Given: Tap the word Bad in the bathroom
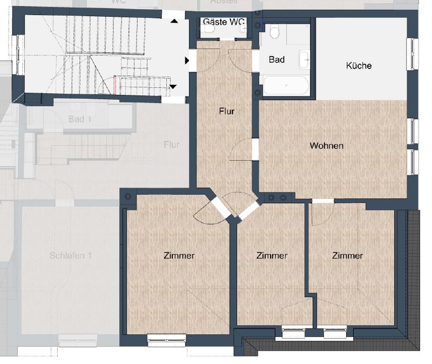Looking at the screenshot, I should pyautogui.click(x=276, y=59).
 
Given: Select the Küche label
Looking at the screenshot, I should pyautogui.click(x=359, y=66).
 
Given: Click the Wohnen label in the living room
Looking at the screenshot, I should pyautogui.click(x=326, y=146).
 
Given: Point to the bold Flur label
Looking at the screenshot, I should pyautogui.click(x=226, y=112).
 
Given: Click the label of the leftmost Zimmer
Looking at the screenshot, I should pyautogui.click(x=179, y=256).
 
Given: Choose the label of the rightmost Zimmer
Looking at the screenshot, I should pyautogui.click(x=347, y=256).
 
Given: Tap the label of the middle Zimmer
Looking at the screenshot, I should pyautogui.click(x=272, y=256).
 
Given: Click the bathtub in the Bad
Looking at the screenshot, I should pyautogui.click(x=286, y=85).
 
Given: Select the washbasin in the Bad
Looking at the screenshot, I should pyautogui.click(x=304, y=57).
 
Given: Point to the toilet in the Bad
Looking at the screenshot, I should pyautogui.click(x=275, y=32).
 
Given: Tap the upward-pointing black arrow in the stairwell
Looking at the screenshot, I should pyautogui.click(x=174, y=21).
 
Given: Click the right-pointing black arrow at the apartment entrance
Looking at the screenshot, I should pyautogui.click(x=187, y=61).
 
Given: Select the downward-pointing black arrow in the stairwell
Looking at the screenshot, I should pyautogui.click(x=173, y=86).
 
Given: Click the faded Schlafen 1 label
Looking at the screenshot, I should pyautogui.click(x=70, y=256).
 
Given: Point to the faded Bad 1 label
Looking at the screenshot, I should pyautogui.click(x=79, y=119).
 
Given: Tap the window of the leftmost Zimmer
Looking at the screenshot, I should pyautogui.click(x=166, y=339).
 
